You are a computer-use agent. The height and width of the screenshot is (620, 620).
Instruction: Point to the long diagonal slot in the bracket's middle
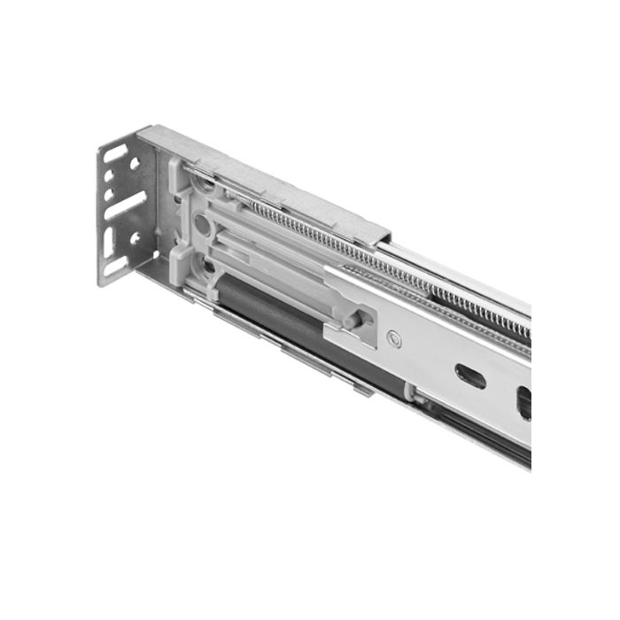(x=126, y=205)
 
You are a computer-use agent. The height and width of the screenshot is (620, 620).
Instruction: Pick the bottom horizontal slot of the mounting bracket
(x=116, y=264)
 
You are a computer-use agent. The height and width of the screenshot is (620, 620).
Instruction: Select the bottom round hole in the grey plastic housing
(x=206, y=264)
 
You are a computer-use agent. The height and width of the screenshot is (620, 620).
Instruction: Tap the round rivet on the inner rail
(x=393, y=337)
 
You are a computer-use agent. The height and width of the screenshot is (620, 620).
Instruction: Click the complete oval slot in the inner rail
(x=470, y=376)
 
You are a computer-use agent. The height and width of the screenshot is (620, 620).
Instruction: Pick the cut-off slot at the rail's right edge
(x=523, y=403)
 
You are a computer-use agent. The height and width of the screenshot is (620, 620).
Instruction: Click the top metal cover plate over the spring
(x=266, y=182)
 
